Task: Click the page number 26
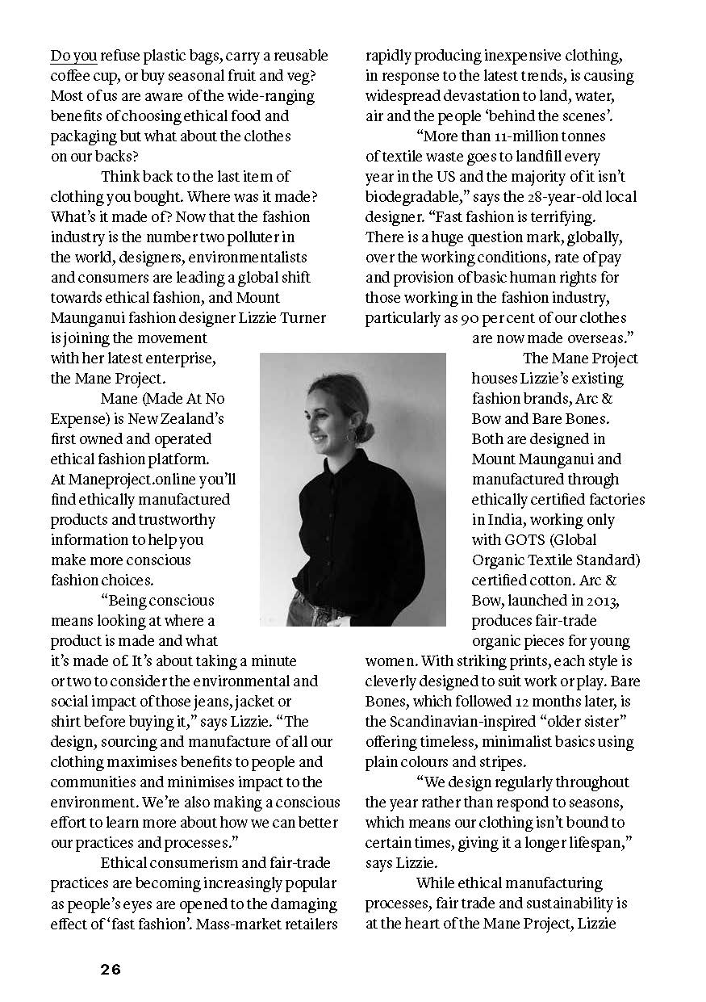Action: (x=111, y=970)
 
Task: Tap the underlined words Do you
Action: (x=73, y=56)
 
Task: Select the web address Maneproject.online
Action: (x=144, y=480)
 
